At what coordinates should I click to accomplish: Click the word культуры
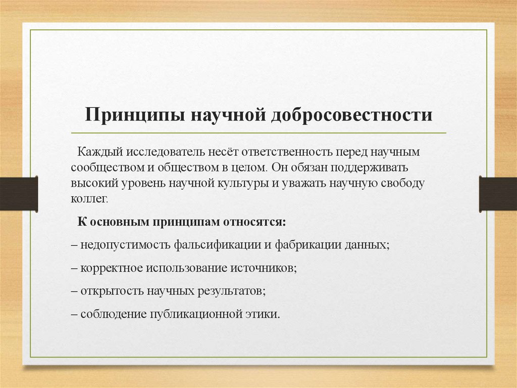[x=239, y=183]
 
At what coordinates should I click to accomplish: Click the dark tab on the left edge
[x=19, y=193]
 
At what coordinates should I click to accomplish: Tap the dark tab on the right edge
[x=498, y=193]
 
